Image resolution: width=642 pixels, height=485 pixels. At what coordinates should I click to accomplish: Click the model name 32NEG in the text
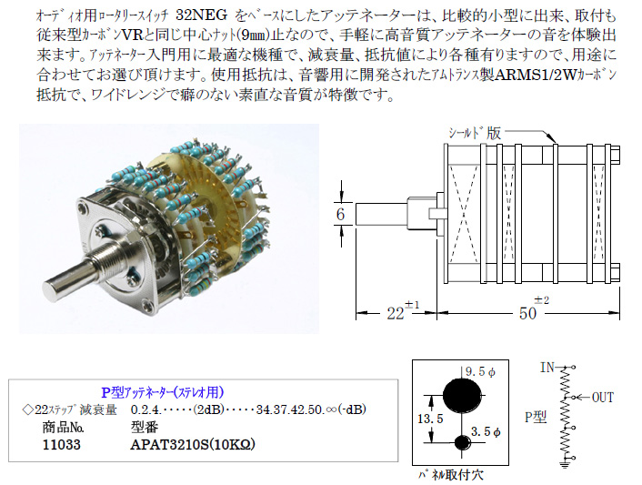pyautogui.click(x=202, y=15)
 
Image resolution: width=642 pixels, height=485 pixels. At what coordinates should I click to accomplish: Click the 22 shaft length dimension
pyautogui.click(x=396, y=314)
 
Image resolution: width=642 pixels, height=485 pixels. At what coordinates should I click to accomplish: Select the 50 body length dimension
pyautogui.click(x=527, y=314)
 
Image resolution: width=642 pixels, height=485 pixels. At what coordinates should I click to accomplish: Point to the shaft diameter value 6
pyautogui.click(x=341, y=214)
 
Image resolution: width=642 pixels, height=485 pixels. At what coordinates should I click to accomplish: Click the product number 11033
pyautogui.click(x=62, y=444)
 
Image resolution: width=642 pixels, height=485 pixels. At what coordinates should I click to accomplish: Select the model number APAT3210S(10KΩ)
pyautogui.click(x=193, y=444)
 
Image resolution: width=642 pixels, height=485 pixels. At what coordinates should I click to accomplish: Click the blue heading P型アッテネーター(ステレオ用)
pyautogui.click(x=162, y=392)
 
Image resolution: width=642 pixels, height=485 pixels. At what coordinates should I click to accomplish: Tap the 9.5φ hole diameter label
pyautogui.click(x=480, y=371)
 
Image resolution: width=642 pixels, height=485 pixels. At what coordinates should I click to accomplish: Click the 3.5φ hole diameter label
pyautogui.click(x=486, y=431)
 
